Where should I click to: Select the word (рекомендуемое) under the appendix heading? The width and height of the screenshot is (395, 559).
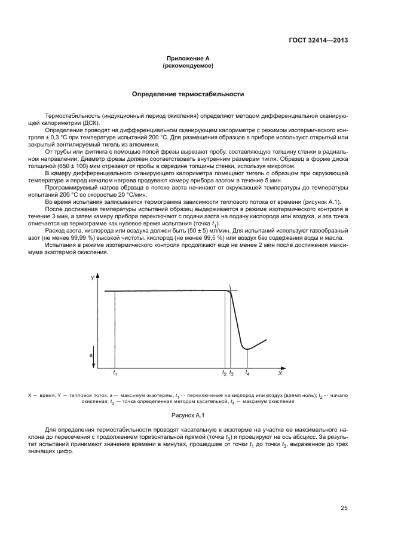pyautogui.click(x=188, y=66)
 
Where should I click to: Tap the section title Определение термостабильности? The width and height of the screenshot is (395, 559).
pyautogui.click(x=188, y=94)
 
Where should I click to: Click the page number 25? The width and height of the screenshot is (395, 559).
pyautogui.click(x=344, y=508)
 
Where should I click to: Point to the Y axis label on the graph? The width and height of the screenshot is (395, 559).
pyautogui.click(x=92, y=279)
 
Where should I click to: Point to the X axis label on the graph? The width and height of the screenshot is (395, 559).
pyautogui.click(x=279, y=373)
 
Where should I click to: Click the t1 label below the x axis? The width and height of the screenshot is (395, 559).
pyautogui.click(x=115, y=374)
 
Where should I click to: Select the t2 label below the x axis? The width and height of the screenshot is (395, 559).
pyautogui.click(x=225, y=374)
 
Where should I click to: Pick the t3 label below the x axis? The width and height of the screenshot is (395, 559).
pyautogui.click(x=232, y=374)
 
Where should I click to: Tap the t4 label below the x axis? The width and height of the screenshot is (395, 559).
pyautogui.click(x=247, y=374)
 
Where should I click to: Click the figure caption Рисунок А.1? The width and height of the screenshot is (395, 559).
pyautogui.click(x=188, y=414)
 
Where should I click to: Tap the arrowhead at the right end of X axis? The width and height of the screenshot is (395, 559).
pyautogui.click(x=283, y=367)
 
